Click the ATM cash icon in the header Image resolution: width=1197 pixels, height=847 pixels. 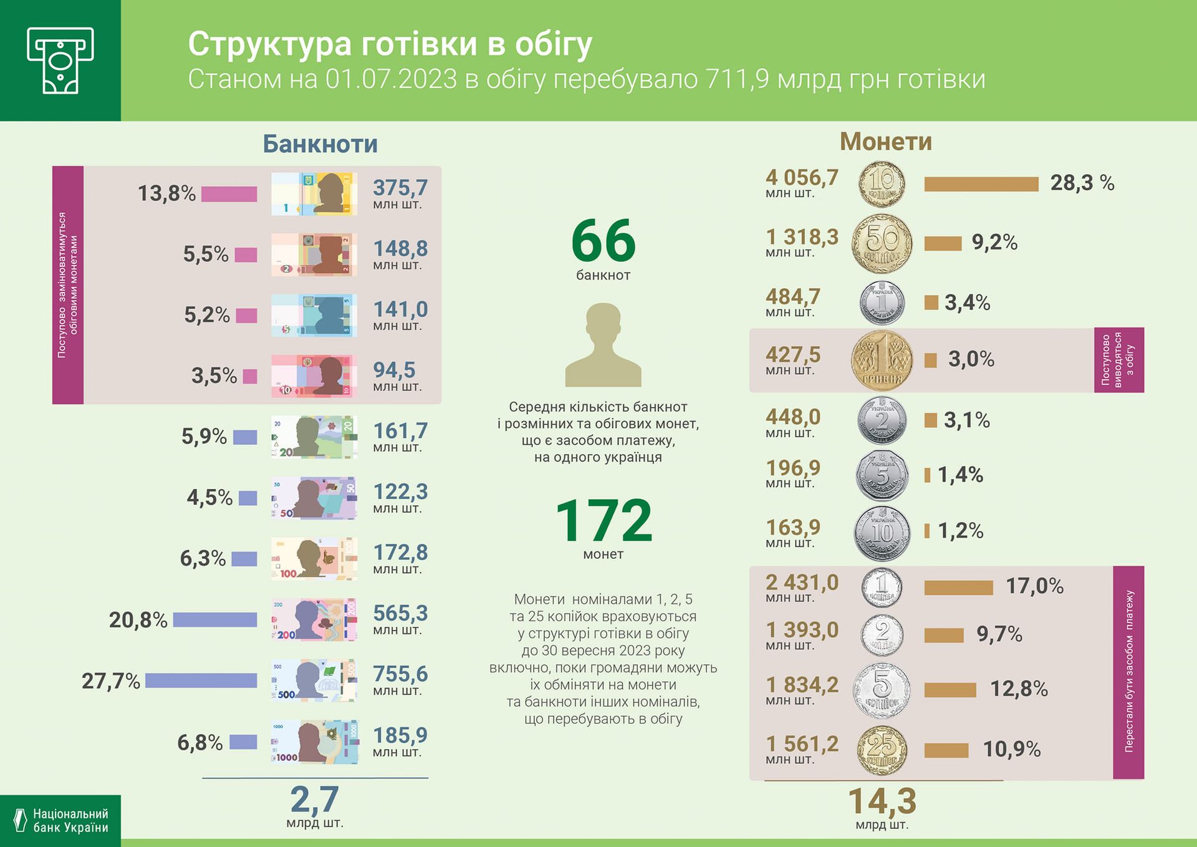click(x=60, y=60)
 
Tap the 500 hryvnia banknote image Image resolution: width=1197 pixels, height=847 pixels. click(x=314, y=680)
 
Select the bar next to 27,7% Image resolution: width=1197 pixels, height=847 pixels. click(x=201, y=680)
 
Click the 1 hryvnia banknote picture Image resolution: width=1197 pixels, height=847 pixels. click(x=314, y=194)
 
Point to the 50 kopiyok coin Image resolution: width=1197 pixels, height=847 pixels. click(x=882, y=243)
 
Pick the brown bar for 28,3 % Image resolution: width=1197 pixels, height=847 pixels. click(x=981, y=184)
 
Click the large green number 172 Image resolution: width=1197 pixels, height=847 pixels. click(x=603, y=521)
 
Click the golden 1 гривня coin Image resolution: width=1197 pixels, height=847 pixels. click(x=882, y=361)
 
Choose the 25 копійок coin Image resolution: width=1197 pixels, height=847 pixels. click(x=882, y=749)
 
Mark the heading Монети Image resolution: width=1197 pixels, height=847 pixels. click(x=885, y=142)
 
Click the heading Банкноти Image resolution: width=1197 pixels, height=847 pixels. click(x=320, y=144)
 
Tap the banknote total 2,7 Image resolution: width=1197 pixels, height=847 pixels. click(x=315, y=800)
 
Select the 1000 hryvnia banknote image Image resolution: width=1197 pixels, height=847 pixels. click(x=314, y=742)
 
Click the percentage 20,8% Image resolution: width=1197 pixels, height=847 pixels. click(x=138, y=620)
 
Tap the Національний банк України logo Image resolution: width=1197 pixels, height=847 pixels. click(x=60, y=820)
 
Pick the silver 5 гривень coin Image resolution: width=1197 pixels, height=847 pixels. click(x=882, y=476)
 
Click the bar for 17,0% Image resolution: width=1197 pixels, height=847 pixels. click(x=958, y=588)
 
